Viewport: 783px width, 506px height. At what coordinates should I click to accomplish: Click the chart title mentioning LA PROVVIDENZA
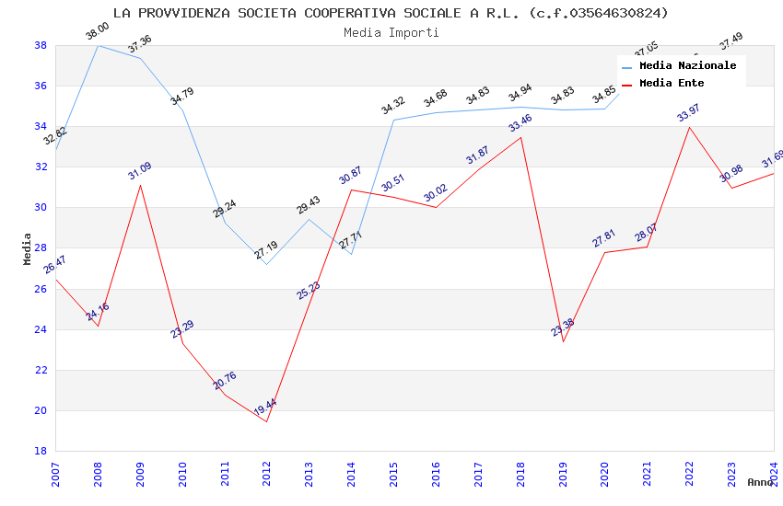[391, 13]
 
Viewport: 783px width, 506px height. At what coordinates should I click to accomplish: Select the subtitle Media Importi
[391, 32]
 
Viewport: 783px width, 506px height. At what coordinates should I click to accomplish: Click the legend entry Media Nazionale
[687, 66]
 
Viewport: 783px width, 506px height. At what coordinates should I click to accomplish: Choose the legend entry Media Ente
[672, 84]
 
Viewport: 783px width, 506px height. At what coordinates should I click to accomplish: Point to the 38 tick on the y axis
[41, 45]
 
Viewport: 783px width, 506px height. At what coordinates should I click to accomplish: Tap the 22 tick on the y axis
[41, 370]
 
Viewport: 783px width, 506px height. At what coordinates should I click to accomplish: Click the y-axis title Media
[28, 248]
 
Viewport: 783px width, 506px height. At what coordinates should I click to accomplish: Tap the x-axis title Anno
[760, 482]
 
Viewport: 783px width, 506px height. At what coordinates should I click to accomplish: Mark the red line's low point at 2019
[563, 341]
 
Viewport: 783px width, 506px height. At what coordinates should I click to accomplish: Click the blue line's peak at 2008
[98, 45]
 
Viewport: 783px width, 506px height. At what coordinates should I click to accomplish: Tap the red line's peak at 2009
[140, 185]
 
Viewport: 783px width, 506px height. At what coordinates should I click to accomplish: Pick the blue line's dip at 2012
[267, 264]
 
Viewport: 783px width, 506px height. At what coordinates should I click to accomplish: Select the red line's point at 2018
[520, 137]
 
